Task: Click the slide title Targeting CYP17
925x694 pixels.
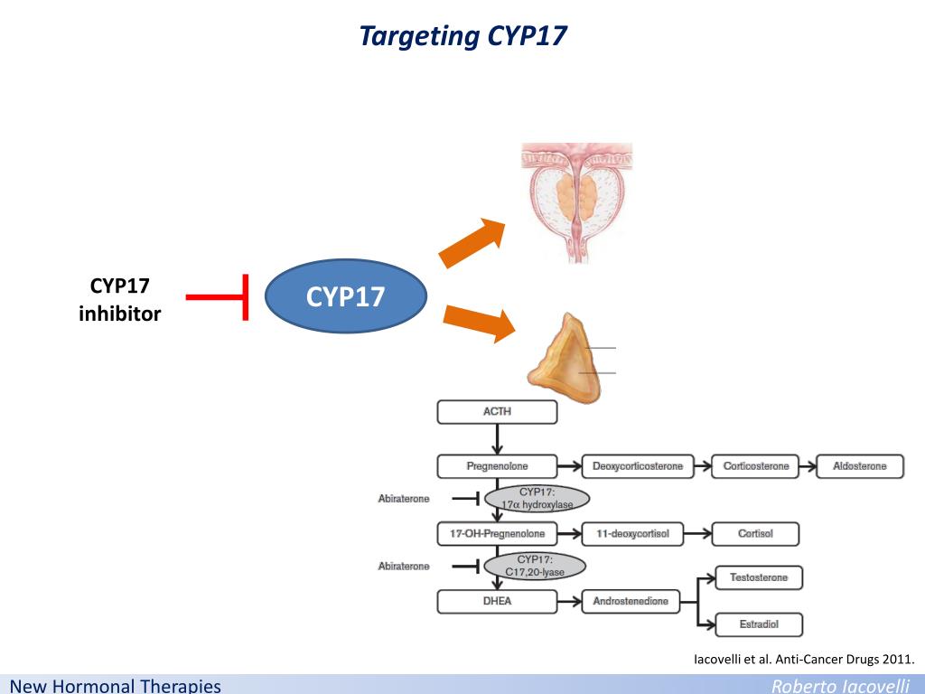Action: click(x=462, y=36)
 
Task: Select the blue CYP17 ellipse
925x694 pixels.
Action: click(x=346, y=296)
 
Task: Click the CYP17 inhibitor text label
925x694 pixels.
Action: click(x=120, y=300)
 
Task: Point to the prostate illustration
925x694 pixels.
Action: click(x=576, y=201)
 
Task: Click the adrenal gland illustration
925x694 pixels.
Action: click(x=565, y=359)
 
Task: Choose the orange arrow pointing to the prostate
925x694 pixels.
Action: click(x=472, y=242)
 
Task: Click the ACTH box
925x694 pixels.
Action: click(x=497, y=412)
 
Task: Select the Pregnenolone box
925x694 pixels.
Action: click(x=497, y=466)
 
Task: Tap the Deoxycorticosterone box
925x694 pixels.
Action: click(x=638, y=466)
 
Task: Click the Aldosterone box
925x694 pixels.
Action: click(x=859, y=466)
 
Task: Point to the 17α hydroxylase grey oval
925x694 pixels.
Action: click(x=537, y=498)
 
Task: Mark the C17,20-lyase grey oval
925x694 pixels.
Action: click(x=535, y=566)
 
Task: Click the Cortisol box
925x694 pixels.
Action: click(x=755, y=534)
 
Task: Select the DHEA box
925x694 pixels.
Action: click(x=497, y=601)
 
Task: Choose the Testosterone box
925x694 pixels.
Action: click(x=759, y=577)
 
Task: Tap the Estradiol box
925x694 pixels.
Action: click(x=759, y=624)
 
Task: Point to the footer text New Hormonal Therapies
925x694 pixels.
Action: click(x=116, y=686)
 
